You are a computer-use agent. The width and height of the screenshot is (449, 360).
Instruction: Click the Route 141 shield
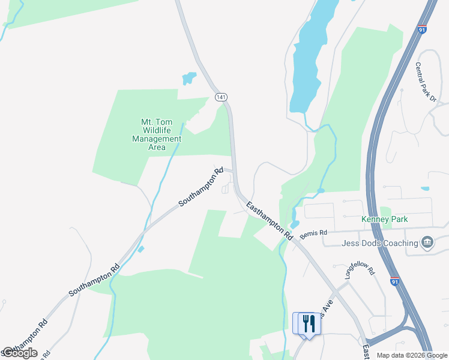click(221, 97)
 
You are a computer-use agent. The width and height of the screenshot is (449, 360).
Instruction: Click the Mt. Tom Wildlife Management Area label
click(156, 134)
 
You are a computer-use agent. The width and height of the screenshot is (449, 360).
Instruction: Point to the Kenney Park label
click(384, 220)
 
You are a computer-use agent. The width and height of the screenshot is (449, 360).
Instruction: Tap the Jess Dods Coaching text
click(379, 243)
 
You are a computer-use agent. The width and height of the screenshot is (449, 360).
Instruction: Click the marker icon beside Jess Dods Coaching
click(427, 242)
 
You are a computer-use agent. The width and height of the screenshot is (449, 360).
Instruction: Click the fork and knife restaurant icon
click(309, 323)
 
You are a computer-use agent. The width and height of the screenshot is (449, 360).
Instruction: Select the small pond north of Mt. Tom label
click(188, 79)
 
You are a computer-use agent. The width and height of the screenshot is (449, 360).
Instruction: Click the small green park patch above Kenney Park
click(385, 211)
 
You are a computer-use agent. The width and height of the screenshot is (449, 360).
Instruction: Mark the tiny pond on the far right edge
click(425, 189)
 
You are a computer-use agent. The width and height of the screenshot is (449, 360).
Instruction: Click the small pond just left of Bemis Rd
click(295, 215)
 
